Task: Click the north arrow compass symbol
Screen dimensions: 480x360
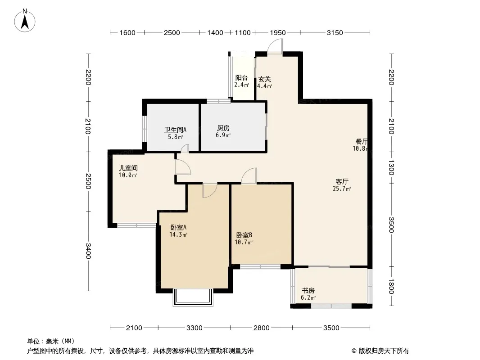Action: pyautogui.click(x=25, y=21)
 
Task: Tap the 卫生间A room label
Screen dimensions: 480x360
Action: pyautogui.click(x=175, y=130)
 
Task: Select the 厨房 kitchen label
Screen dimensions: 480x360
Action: pyautogui.click(x=223, y=128)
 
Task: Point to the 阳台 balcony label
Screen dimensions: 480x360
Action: pyautogui.click(x=241, y=78)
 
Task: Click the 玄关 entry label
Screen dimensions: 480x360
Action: pyautogui.click(x=264, y=79)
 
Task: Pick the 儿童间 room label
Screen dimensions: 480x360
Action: pyautogui.click(x=128, y=168)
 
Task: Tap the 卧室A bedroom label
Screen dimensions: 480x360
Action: pyautogui.click(x=178, y=228)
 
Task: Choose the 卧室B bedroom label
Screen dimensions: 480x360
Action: pyautogui.click(x=244, y=235)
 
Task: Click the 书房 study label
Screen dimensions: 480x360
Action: pyautogui.click(x=308, y=290)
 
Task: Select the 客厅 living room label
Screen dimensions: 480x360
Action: pyautogui.click(x=342, y=182)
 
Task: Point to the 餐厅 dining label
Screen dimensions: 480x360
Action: pyautogui.click(x=362, y=142)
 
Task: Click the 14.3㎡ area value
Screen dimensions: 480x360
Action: pyautogui.click(x=178, y=234)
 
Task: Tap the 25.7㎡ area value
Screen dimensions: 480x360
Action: pyautogui.click(x=342, y=189)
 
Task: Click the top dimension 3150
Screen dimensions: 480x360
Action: pyautogui.click(x=335, y=33)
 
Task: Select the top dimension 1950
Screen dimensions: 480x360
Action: pyautogui.click(x=278, y=33)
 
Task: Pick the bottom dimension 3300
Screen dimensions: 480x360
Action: pyautogui.click(x=195, y=328)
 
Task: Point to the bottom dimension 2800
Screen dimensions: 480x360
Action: pyautogui.click(x=262, y=328)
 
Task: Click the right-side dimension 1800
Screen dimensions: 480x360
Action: pyautogui.click(x=391, y=286)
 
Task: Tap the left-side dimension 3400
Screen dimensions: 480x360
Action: pyautogui.click(x=88, y=251)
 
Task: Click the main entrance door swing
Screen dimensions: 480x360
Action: pyautogui.click(x=275, y=47)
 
